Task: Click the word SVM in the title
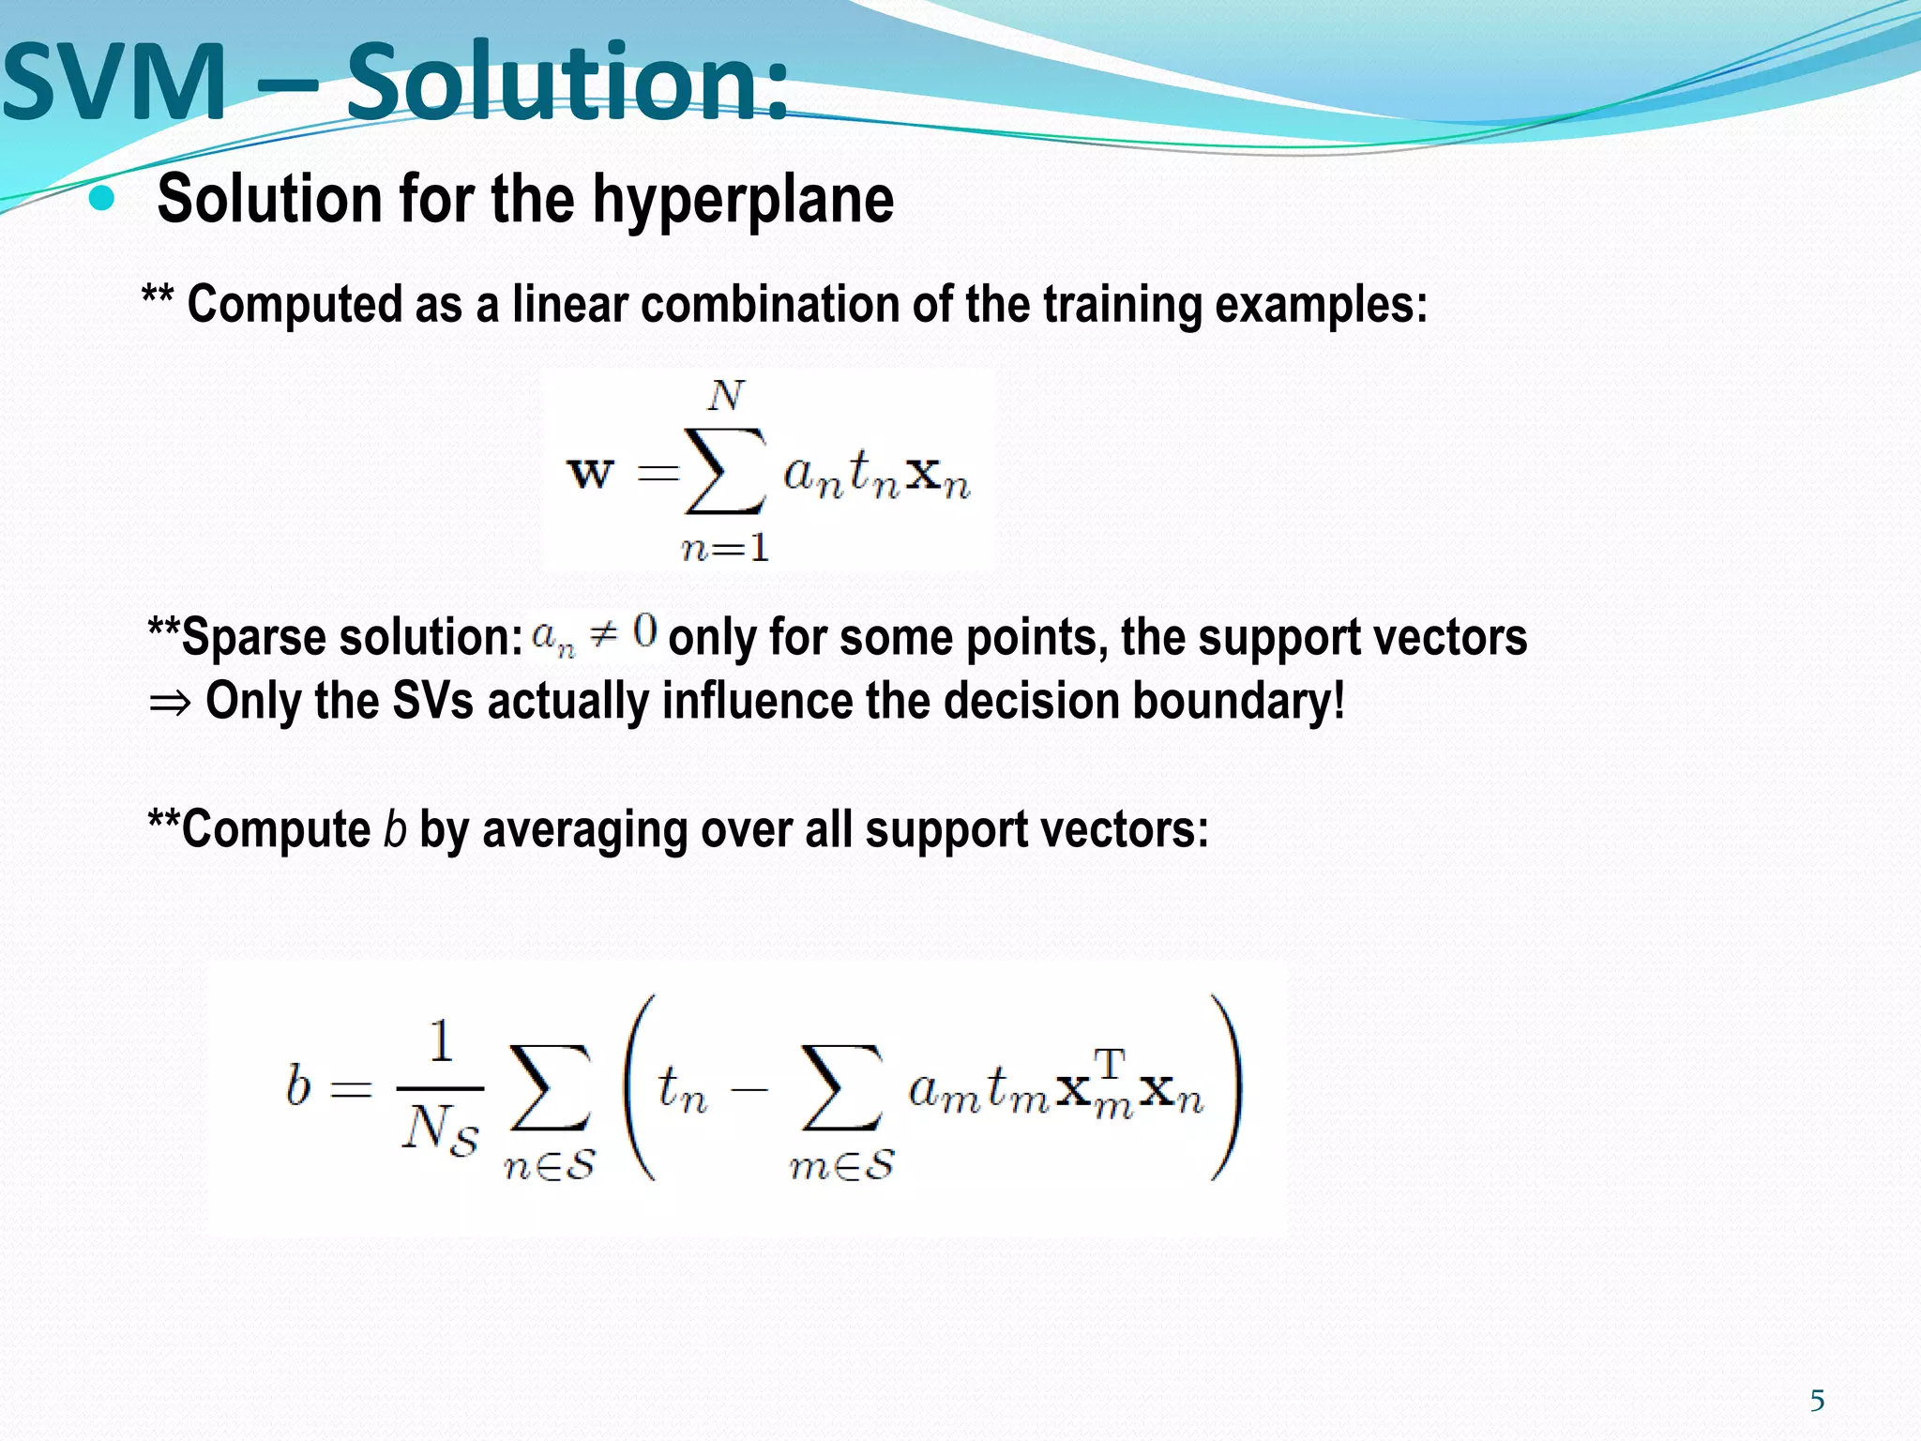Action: coord(114,83)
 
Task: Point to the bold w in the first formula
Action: coord(590,472)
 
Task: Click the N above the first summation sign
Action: coord(726,396)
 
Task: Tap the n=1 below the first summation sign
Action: coord(725,548)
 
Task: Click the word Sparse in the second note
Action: coord(253,638)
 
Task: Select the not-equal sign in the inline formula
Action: coord(603,635)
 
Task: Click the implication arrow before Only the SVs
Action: coord(170,703)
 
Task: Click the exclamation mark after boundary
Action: coord(1338,700)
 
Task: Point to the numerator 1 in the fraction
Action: coord(441,1041)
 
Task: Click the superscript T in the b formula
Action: coord(1109,1064)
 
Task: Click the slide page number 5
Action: coord(1817,1401)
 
